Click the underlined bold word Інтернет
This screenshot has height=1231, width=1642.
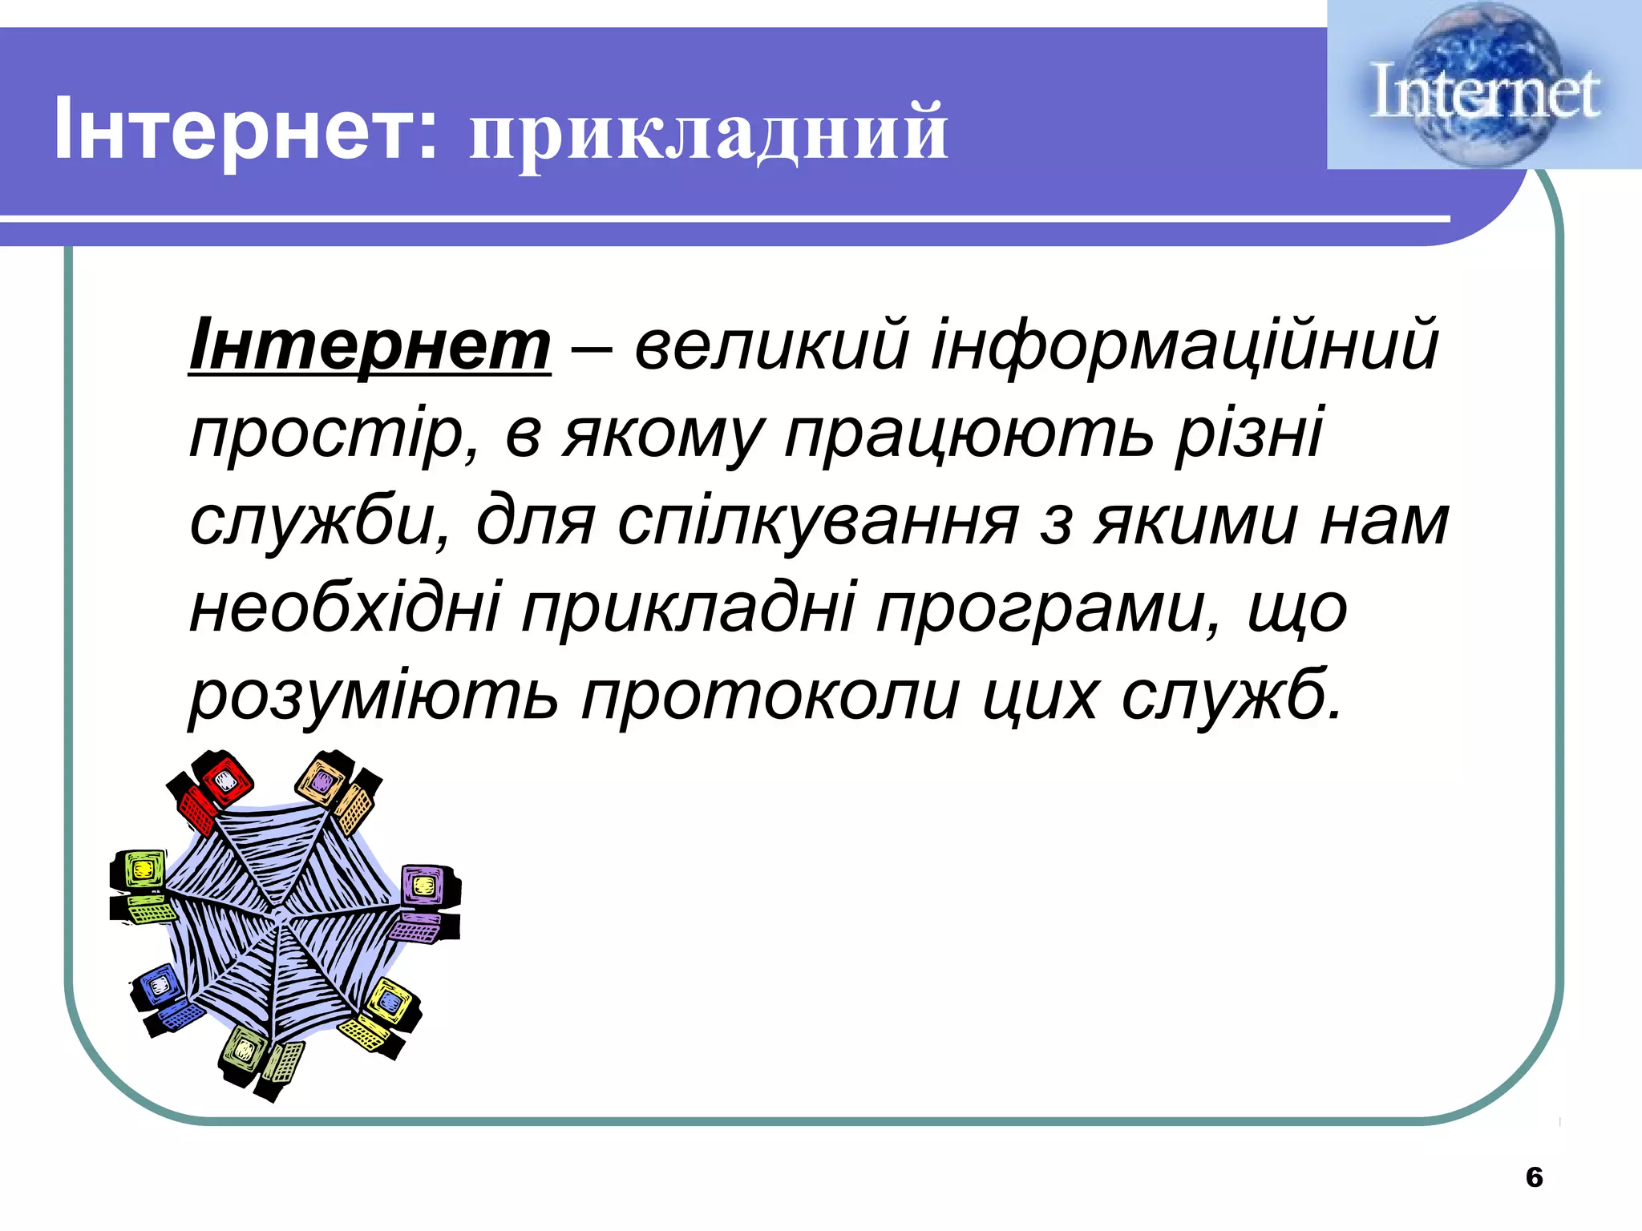[x=370, y=345]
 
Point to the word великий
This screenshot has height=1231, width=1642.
[x=771, y=345]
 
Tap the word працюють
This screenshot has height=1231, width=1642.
[x=970, y=435]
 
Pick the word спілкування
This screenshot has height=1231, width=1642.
[x=818, y=522]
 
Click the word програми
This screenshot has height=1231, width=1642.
[x=1041, y=610]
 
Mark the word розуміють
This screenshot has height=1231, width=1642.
[x=374, y=696]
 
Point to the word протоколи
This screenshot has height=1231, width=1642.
[x=770, y=696]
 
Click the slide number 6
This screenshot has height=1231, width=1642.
[x=1534, y=1177]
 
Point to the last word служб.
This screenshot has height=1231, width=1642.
[x=1231, y=696]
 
